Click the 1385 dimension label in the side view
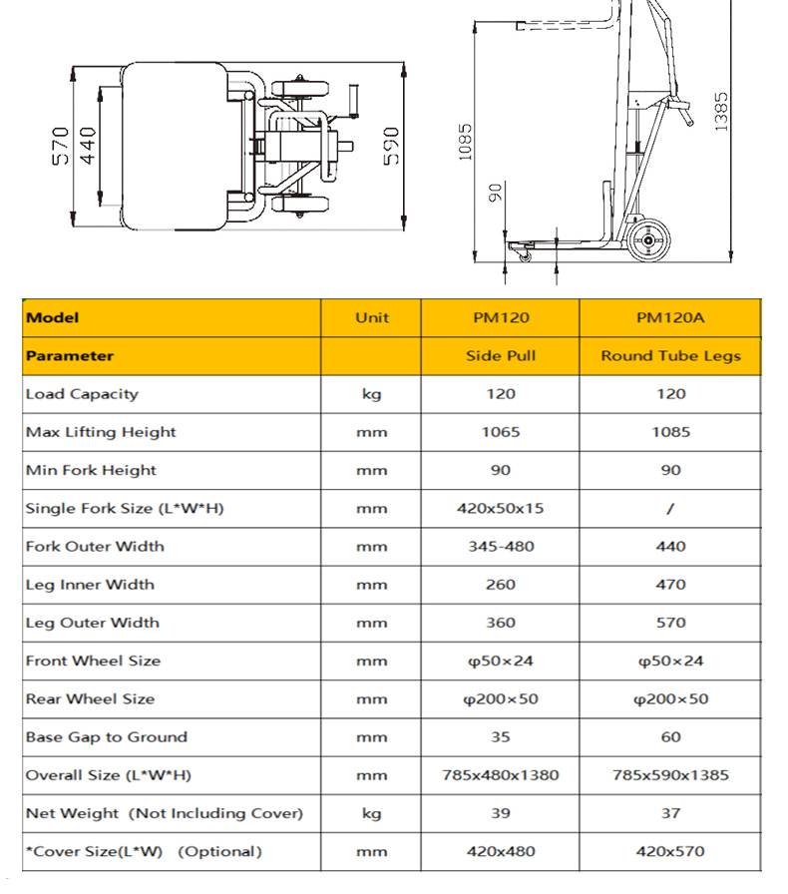point(720,111)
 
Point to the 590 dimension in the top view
point(390,147)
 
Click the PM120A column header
point(670,318)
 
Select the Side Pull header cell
point(501,356)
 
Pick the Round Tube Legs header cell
point(670,356)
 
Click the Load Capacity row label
point(82,394)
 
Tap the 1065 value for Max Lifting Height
point(501,432)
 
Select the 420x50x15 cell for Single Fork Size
point(501,508)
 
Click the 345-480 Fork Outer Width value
point(501,546)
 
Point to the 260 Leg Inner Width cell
point(501,585)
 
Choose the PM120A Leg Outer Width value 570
point(670,623)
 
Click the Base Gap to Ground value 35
point(501,737)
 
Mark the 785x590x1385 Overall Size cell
point(670,775)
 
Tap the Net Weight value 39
point(501,813)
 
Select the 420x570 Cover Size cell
point(670,851)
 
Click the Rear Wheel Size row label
point(90,698)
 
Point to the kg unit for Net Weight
point(372,813)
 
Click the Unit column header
point(372,318)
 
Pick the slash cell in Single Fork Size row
point(670,508)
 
